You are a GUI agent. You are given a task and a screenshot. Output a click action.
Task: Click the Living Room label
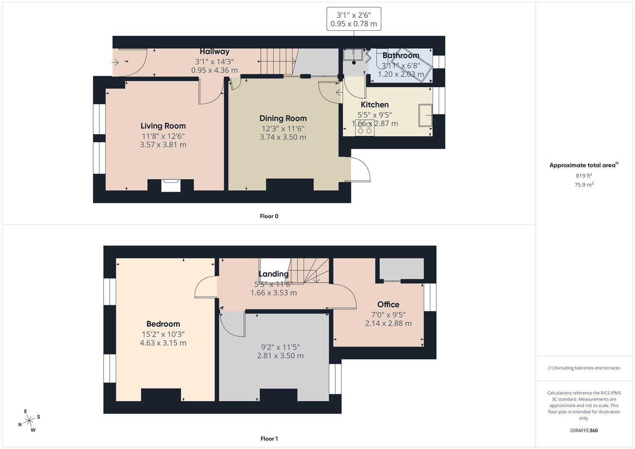click(x=163, y=126)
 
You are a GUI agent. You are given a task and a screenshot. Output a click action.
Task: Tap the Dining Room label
click(x=283, y=118)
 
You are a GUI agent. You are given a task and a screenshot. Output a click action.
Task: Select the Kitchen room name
click(x=375, y=105)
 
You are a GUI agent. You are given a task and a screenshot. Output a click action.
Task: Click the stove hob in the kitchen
click(x=365, y=129)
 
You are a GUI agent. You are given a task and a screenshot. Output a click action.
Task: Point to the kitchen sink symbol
click(x=425, y=115)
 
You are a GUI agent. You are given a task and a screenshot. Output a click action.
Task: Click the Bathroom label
click(x=400, y=56)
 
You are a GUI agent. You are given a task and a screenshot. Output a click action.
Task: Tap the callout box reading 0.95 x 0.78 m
click(x=353, y=19)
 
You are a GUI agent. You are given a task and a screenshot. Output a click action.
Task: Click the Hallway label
click(x=214, y=52)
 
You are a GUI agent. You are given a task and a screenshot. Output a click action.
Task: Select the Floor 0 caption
click(x=269, y=216)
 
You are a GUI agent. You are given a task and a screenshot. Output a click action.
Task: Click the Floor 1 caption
click(x=269, y=439)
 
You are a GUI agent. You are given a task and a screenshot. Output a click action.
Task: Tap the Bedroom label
click(x=163, y=324)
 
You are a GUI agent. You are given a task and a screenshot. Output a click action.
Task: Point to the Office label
click(x=388, y=305)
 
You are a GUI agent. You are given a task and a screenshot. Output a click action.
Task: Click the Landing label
click(x=273, y=274)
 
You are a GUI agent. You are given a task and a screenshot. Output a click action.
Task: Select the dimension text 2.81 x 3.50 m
click(x=280, y=356)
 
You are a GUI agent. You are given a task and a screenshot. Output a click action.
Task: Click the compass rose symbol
click(x=29, y=421)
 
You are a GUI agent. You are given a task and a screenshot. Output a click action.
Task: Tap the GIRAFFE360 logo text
click(x=583, y=430)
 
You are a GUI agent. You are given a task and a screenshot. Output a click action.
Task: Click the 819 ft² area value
click(x=583, y=176)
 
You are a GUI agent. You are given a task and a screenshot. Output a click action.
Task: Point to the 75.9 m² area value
click(x=583, y=185)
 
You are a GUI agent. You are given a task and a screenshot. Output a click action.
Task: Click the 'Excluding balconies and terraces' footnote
click(x=583, y=368)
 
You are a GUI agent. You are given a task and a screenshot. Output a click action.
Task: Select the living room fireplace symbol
click(x=170, y=185)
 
